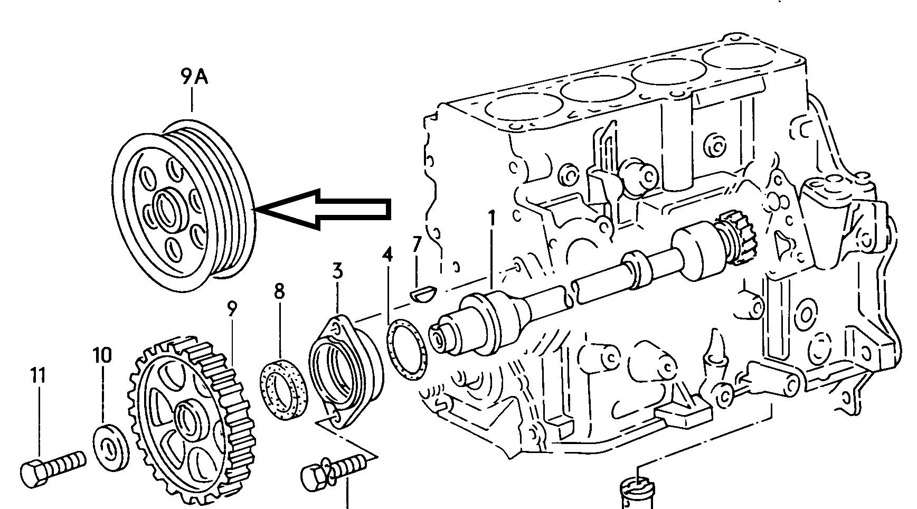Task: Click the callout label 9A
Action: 194,78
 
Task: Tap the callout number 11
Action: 38,376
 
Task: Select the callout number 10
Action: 102,356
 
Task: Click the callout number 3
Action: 337,271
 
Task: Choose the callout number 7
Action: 417,244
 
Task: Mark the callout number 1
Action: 492,219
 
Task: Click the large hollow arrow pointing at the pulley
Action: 323,210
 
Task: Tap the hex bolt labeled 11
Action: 54,469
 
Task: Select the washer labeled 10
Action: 111,447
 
